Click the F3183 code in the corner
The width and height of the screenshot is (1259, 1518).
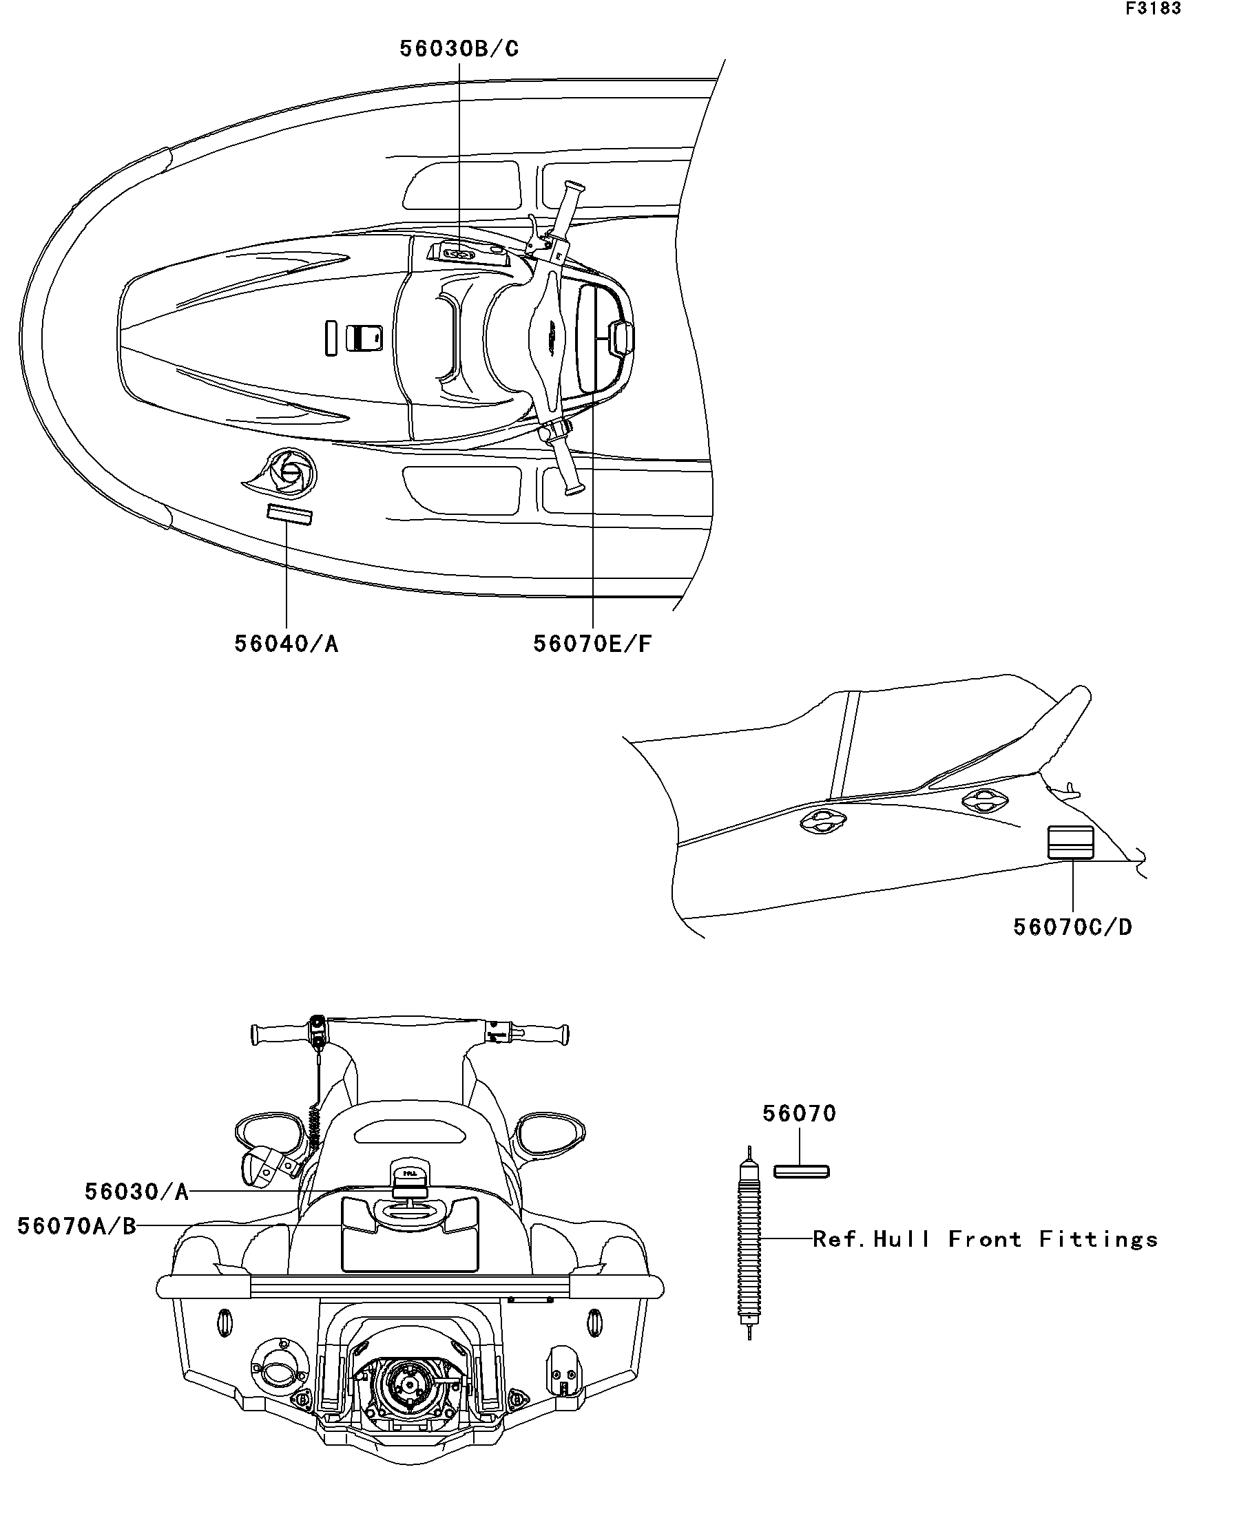[x=1153, y=9]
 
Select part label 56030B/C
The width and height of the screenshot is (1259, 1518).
[x=459, y=49]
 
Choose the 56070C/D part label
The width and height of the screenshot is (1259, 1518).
[x=1072, y=927]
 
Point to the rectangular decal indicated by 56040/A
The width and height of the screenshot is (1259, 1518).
[x=289, y=515]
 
